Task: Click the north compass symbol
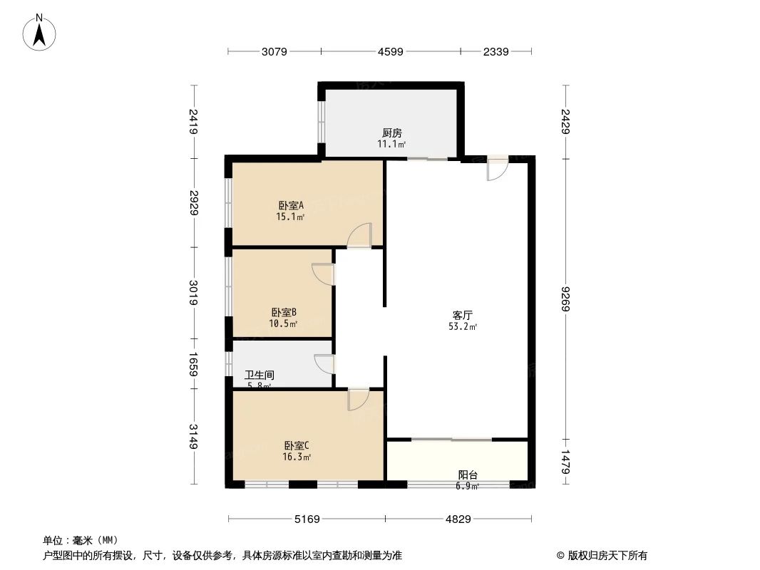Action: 41,33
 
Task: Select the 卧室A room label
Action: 291,205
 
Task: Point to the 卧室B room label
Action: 283,312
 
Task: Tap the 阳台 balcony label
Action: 468,475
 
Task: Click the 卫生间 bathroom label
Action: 260,375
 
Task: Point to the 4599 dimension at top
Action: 391,51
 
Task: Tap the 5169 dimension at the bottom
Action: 307,519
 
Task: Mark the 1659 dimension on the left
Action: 193,364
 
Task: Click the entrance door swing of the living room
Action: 497,168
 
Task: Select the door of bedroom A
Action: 361,235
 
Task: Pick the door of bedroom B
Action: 324,274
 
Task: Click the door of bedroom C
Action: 358,400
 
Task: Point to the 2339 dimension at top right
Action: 495,51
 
